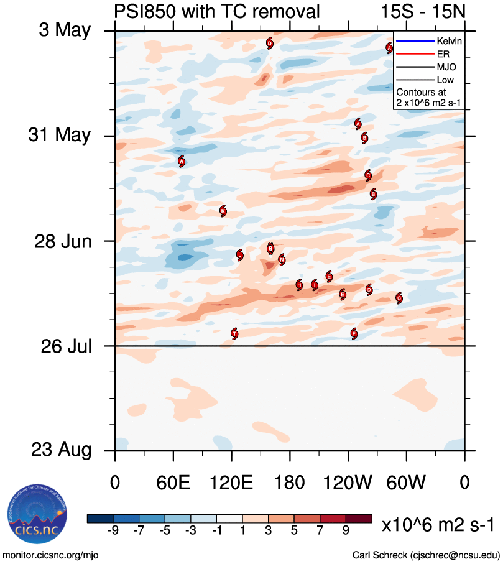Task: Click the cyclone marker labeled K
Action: (x=223, y=211)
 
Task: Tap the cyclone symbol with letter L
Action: (x=240, y=254)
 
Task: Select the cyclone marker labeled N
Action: (x=282, y=259)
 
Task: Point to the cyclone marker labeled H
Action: (x=299, y=285)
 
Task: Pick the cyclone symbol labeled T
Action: (x=234, y=333)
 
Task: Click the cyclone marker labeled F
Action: (x=354, y=333)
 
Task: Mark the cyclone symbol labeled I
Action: (x=315, y=285)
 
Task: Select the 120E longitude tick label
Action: (x=231, y=483)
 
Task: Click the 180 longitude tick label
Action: (x=290, y=483)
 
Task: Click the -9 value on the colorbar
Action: (x=113, y=530)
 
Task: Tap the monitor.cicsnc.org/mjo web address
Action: (x=50, y=554)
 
